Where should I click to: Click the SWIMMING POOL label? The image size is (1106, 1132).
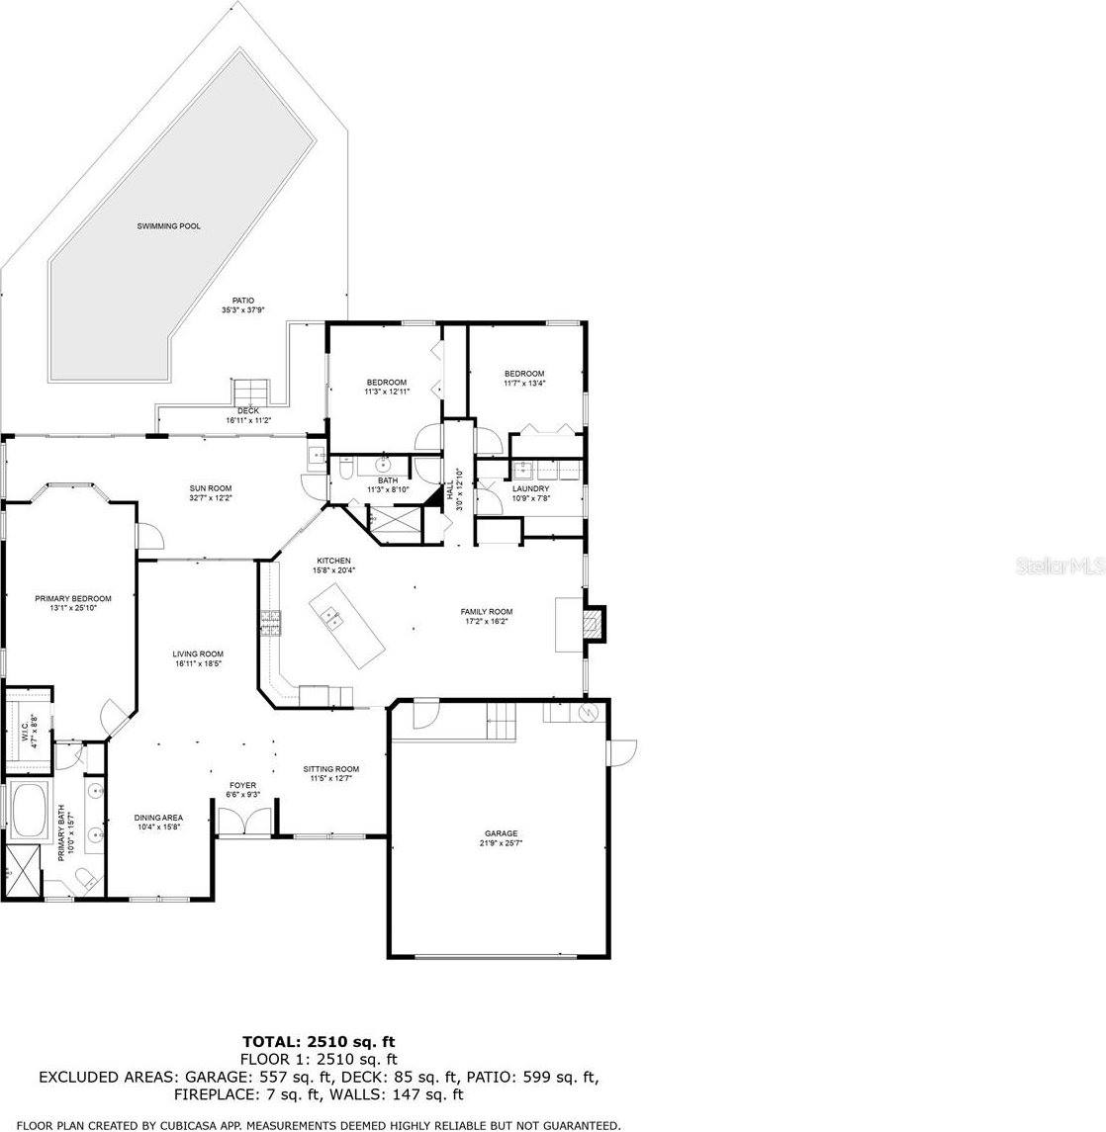tap(168, 226)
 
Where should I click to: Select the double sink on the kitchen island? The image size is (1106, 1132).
tap(329, 619)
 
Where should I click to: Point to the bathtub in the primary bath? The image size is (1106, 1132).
tap(30, 807)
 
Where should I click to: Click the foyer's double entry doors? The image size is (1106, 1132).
tap(242, 823)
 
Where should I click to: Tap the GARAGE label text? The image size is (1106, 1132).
tap(501, 833)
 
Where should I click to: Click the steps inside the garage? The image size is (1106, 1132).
tap(502, 724)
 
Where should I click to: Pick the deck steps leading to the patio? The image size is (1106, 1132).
tap(249, 389)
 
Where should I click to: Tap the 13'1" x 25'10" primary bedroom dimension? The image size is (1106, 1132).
tap(73, 608)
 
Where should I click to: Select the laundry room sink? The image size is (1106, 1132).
tap(522, 471)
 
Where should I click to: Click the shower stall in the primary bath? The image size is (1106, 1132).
tap(22, 870)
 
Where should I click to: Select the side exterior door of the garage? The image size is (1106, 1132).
tap(623, 753)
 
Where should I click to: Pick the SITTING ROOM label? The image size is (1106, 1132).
tap(330, 768)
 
